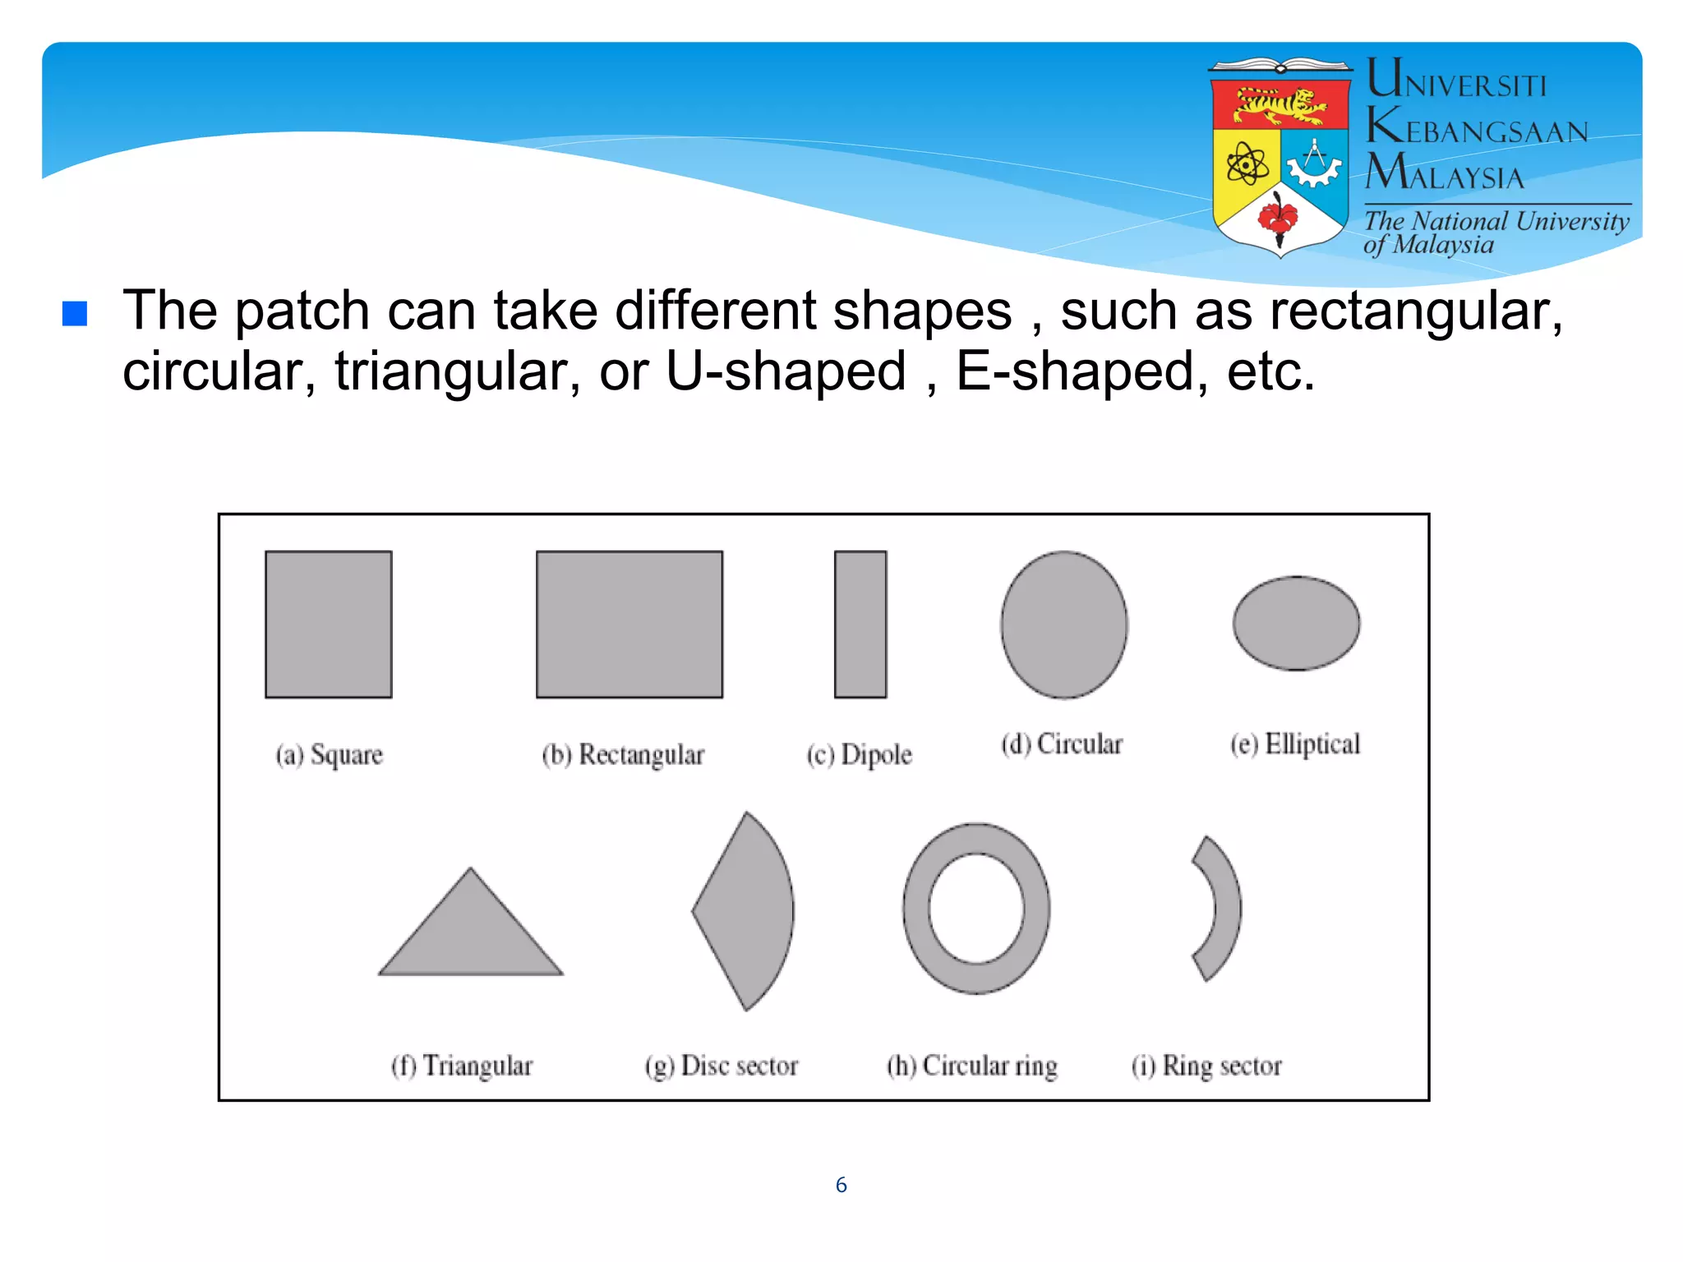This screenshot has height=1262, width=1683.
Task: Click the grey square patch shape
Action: pyautogui.click(x=328, y=624)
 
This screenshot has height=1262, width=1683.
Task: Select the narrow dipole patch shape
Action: pyautogui.click(x=860, y=624)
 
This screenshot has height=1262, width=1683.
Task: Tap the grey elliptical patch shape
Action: pyautogui.click(x=1296, y=623)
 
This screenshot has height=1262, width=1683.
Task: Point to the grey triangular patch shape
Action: pyautogui.click(x=471, y=937)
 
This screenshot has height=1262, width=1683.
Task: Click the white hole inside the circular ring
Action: pyautogui.click(x=976, y=909)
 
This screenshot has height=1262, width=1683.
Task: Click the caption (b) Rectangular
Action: pyautogui.click(x=623, y=754)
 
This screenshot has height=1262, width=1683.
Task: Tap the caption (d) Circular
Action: pyautogui.click(x=1061, y=744)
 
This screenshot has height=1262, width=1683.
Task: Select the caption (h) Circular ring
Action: pyautogui.click(x=971, y=1066)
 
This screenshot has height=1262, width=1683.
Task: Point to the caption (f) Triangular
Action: pyautogui.click(x=461, y=1066)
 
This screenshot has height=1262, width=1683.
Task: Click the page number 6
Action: pyautogui.click(x=841, y=1185)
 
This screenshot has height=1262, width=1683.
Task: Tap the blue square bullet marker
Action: pyautogui.click(x=75, y=313)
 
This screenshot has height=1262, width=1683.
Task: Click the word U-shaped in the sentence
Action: pyautogui.click(x=786, y=371)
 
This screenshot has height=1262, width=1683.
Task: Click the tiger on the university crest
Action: pyautogui.click(x=1280, y=105)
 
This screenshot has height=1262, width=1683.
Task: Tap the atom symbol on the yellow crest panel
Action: pyautogui.click(x=1247, y=164)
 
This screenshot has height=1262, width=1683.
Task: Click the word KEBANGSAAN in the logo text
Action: pyautogui.click(x=1477, y=129)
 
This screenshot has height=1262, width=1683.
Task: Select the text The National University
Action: pyautogui.click(x=1496, y=221)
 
